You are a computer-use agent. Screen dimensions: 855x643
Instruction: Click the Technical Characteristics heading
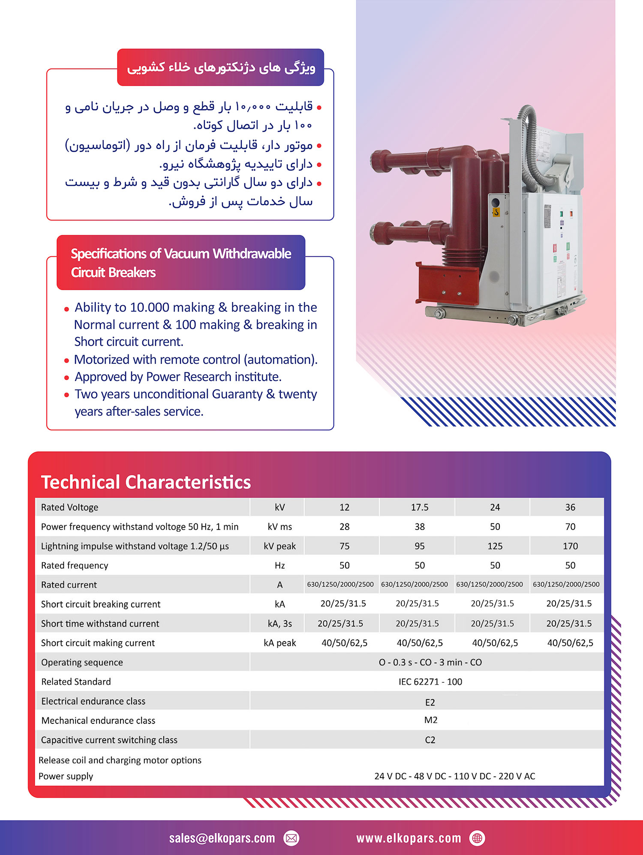pyautogui.click(x=146, y=482)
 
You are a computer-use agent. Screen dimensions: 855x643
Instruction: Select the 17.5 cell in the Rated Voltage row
pyautogui.click(x=419, y=507)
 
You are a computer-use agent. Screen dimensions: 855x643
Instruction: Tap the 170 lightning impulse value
pyautogui.click(x=570, y=546)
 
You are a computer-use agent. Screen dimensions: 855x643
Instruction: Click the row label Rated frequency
pyautogui.click(x=75, y=565)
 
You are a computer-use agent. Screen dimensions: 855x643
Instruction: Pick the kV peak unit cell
pyautogui.click(x=279, y=546)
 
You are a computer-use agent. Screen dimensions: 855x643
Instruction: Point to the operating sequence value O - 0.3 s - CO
pyautogui.click(x=430, y=662)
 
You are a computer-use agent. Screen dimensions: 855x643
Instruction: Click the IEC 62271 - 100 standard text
pyautogui.click(x=430, y=681)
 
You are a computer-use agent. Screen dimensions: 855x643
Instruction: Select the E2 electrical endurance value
pyautogui.click(x=430, y=702)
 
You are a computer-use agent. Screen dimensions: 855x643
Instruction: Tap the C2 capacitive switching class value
pyautogui.click(x=430, y=740)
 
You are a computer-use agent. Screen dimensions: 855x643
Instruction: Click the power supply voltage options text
pyautogui.click(x=454, y=776)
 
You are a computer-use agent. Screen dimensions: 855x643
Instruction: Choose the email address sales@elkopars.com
pyautogui.click(x=222, y=838)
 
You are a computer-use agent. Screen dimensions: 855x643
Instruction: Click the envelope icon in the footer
pyautogui.click(x=291, y=838)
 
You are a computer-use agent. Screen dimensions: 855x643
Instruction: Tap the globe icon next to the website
pyautogui.click(x=477, y=838)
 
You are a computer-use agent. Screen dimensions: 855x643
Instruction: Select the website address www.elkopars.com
pyautogui.click(x=409, y=838)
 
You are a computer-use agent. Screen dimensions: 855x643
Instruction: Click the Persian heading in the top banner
pyautogui.click(x=221, y=67)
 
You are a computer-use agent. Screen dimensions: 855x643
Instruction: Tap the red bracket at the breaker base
pyautogui.click(x=446, y=283)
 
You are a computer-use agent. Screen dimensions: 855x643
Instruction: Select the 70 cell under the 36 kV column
pyautogui.click(x=570, y=527)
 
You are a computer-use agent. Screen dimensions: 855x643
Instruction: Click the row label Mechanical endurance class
pyautogui.click(x=98, y=720)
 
